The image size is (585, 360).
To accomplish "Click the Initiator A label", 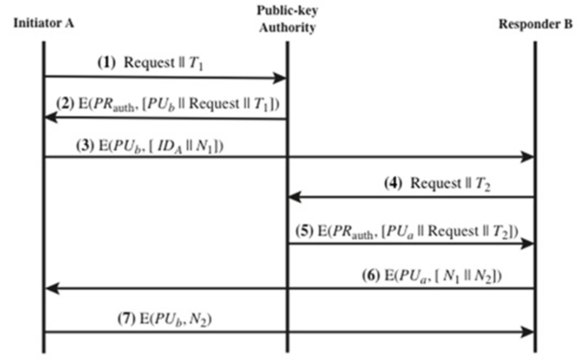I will tap(44, 22).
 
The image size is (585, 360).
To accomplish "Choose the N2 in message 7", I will tap(202, 319).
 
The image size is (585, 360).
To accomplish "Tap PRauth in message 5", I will tap(355, 232).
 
